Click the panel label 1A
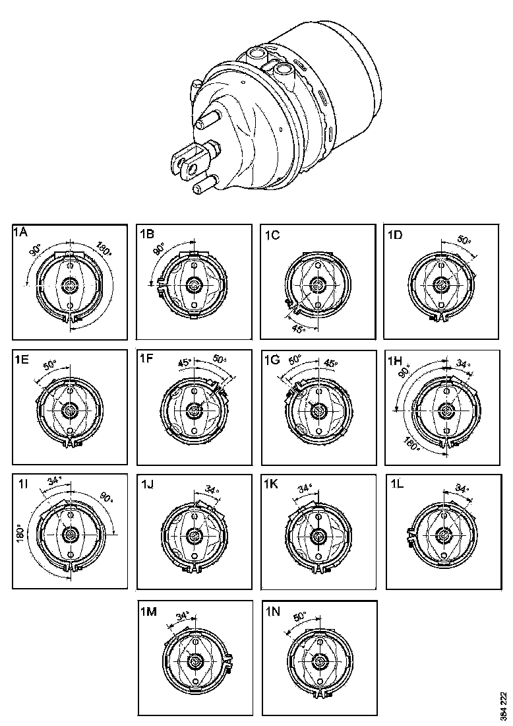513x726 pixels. point(20,232)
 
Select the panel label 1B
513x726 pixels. point(147,233)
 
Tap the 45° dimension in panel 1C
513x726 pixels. point(298,328)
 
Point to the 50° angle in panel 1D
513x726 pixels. point(464,242)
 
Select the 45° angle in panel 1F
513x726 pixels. point(185,362)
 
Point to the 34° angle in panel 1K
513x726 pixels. point(305,489)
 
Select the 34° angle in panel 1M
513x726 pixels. point(183,616)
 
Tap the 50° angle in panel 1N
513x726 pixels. point(300,615)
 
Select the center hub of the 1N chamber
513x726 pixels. point(320,661)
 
